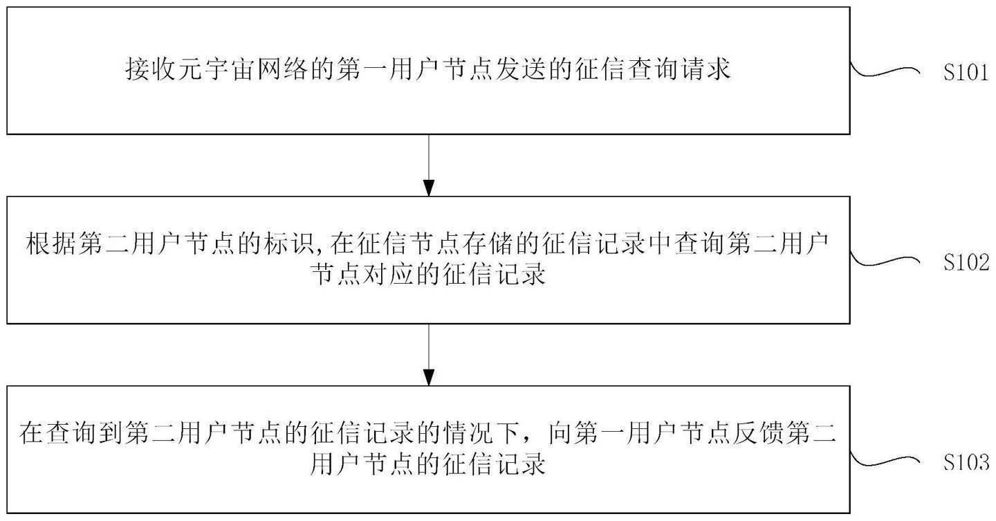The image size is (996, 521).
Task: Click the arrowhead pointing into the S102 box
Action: pyautogui.click(x=429, y=188)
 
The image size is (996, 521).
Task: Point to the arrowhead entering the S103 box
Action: pyautogui.click(x=429, y=377)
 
